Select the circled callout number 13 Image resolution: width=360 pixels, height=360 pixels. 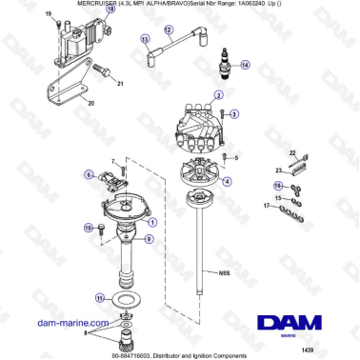146,40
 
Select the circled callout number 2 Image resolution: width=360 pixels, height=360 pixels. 220,95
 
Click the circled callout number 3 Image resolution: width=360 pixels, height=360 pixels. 234,113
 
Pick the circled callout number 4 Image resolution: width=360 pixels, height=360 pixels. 226,180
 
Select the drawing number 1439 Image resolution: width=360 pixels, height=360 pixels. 334,349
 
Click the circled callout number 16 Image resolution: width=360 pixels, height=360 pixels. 278,187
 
